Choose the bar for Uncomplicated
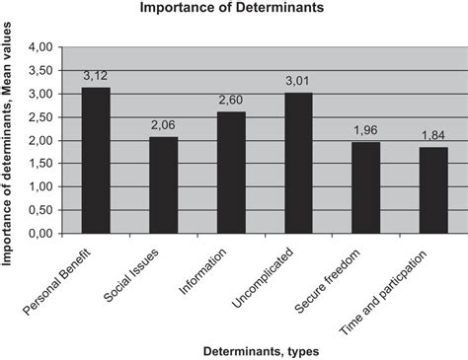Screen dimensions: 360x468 298,163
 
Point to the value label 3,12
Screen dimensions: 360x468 96,75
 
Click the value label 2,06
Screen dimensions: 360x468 163,125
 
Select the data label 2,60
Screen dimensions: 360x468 231,100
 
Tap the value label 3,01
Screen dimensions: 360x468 298,81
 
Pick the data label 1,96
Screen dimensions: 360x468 365,130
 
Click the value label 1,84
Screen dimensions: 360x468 432,135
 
